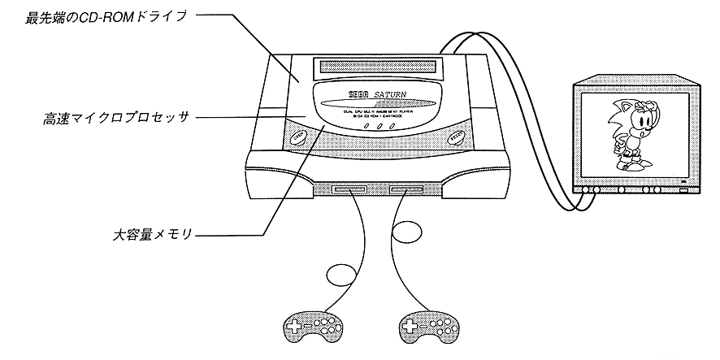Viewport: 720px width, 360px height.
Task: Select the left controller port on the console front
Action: coord(347,193)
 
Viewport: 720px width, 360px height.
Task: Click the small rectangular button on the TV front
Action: coord(683,191)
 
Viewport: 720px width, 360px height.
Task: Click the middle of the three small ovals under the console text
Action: coord(380,128)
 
